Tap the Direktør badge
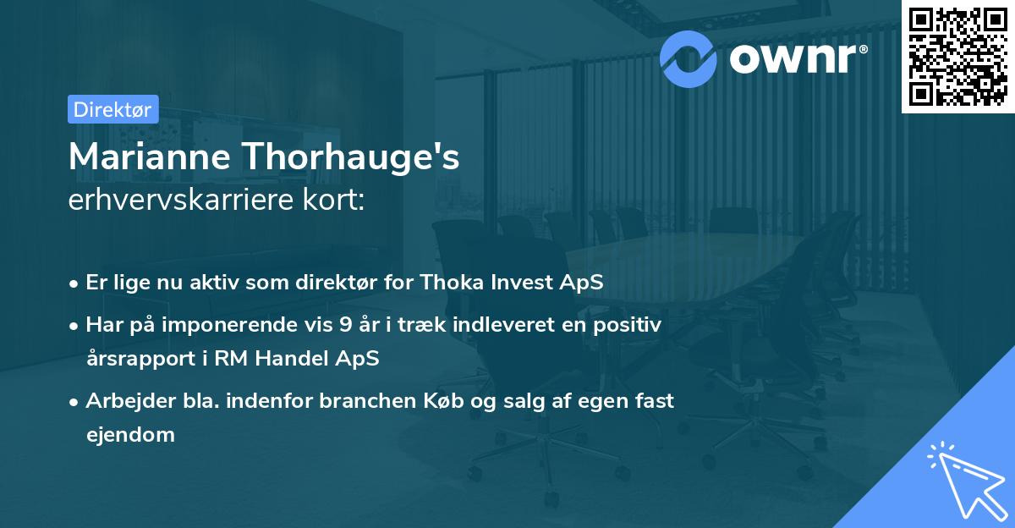click(x=112, y=109)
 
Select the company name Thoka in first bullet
click(x=456, y=283)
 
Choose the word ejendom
click(x=130, y=435)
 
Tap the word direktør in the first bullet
click(x=337, y=283)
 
